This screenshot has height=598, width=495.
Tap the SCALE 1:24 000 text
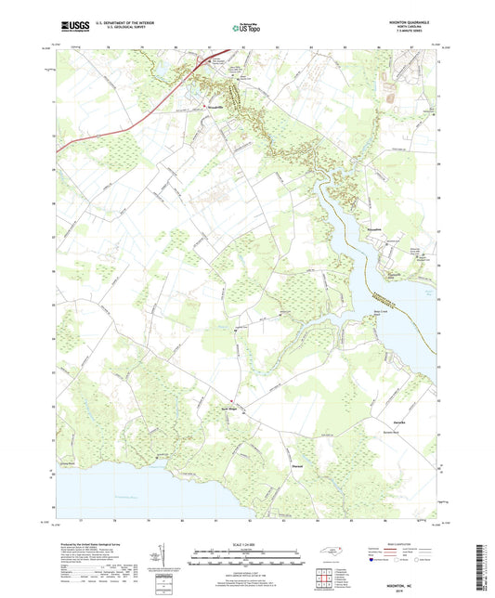tap(247, 544)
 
